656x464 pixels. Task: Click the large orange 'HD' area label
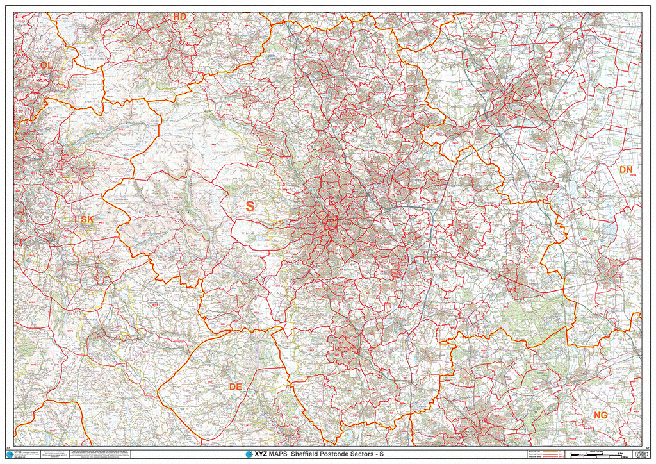click(180, 16)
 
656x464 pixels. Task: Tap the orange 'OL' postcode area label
click(45, 65)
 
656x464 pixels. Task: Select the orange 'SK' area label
click(87, 220)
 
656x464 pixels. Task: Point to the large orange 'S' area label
click(250, 206)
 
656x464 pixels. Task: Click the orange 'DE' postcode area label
click(236, 386)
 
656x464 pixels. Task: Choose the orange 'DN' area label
click(625, 170)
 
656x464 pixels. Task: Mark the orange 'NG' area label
click(600, 415)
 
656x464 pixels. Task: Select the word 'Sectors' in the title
click(373, 454)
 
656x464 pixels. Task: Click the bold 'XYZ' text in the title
click(261, 454)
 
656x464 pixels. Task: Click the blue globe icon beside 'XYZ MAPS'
click(249, 454)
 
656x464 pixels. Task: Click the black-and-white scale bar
click(596, 454)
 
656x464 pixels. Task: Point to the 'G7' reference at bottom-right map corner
click(648, 447)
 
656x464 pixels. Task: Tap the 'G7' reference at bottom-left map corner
click(8, 447)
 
